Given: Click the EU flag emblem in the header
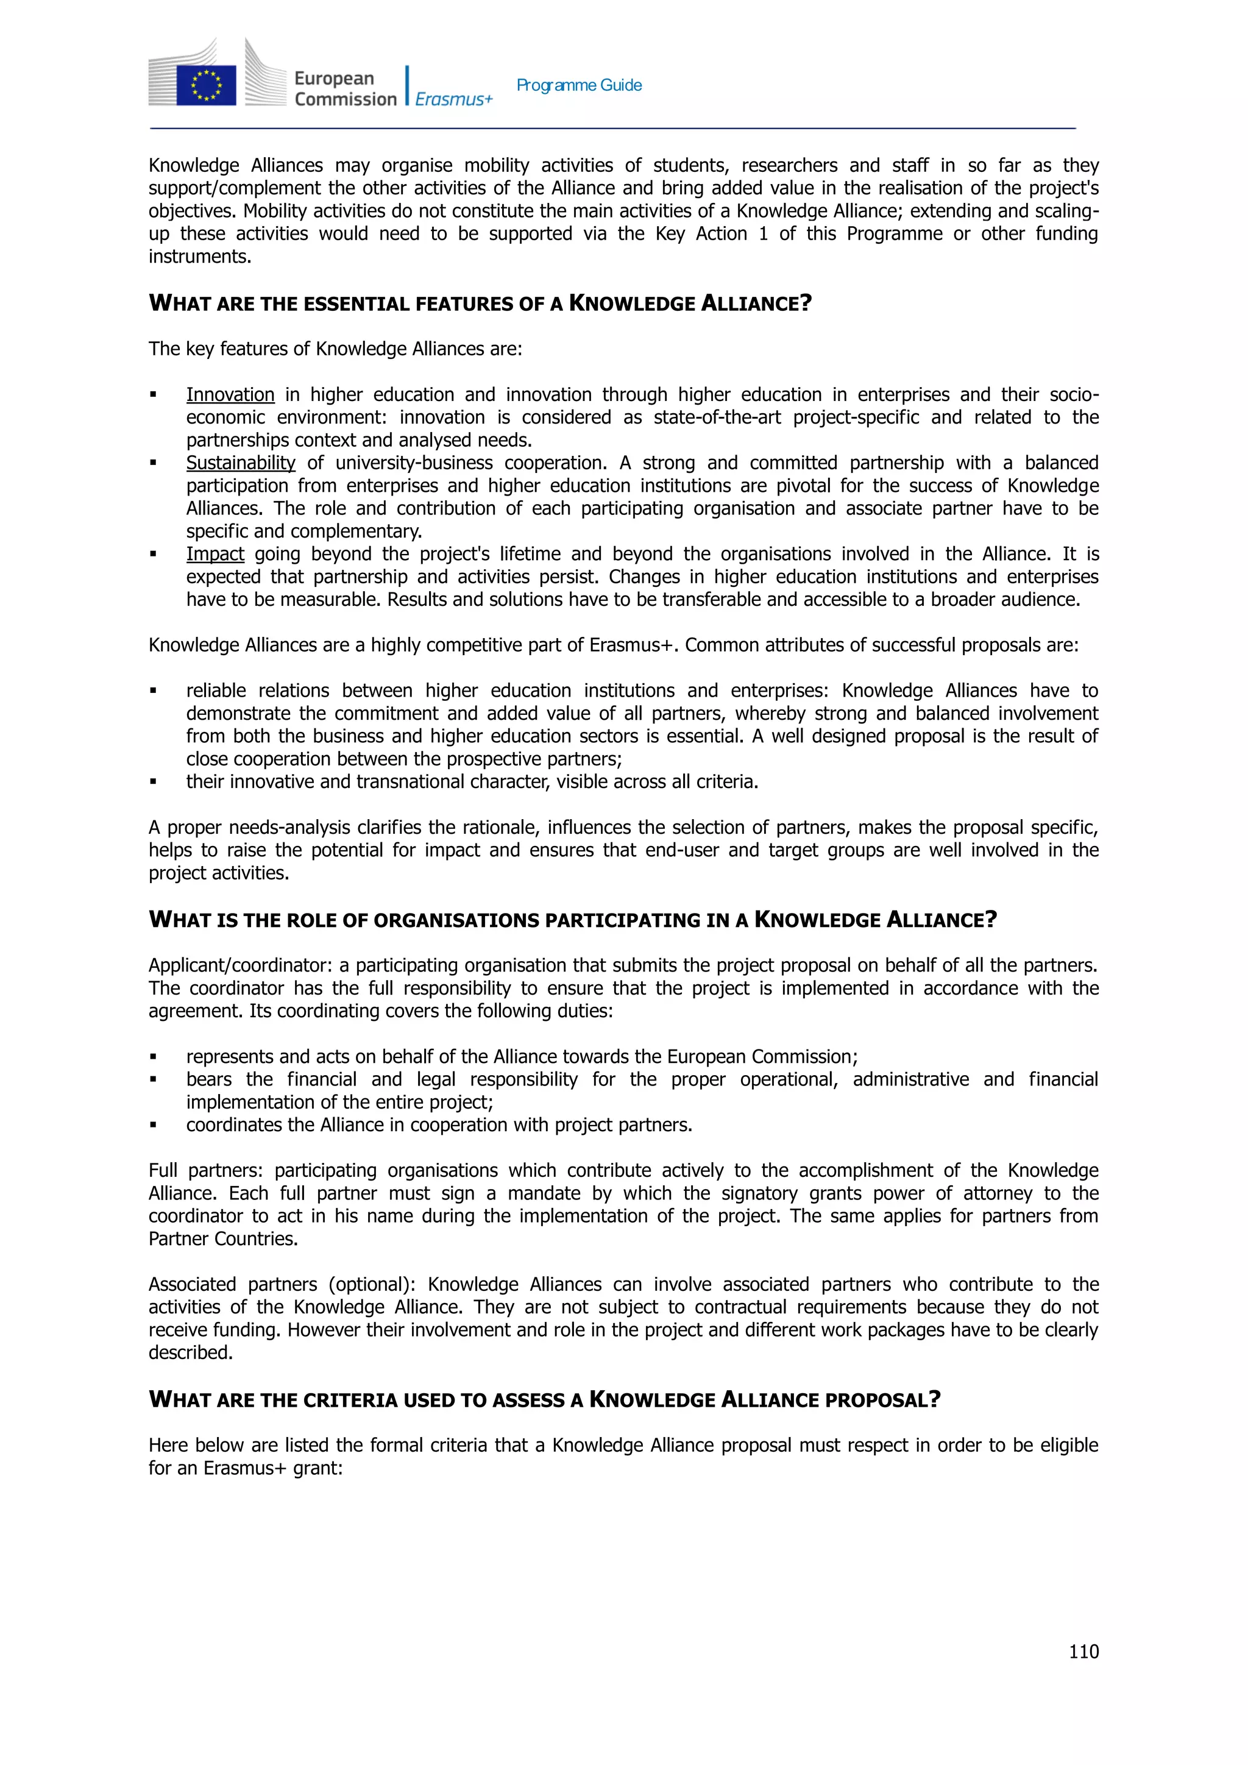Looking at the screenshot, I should coord(206,85).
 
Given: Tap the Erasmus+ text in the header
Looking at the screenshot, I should coord(453,99).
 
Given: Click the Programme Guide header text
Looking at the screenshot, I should coord(579,85).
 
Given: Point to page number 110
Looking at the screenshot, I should coord(1083,1651).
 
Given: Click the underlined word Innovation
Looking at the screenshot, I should coord(230,394).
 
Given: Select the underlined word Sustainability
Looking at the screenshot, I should coord(241,463).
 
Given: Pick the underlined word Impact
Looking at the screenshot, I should coord(215,554).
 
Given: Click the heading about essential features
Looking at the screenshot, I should coord(480,304).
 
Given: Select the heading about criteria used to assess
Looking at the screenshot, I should coord(544,1400).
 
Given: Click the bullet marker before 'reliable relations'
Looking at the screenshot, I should coord(154,691).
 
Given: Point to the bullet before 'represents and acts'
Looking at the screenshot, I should coord(154,1057).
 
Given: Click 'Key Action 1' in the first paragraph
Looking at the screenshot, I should coord(711,233).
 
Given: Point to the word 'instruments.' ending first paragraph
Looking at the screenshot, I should coord(200,257).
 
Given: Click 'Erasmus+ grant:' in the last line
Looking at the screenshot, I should coord(273,1468).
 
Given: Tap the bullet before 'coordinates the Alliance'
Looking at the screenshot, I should coord(154,1126).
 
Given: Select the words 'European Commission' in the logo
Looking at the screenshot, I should coord(345,88).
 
